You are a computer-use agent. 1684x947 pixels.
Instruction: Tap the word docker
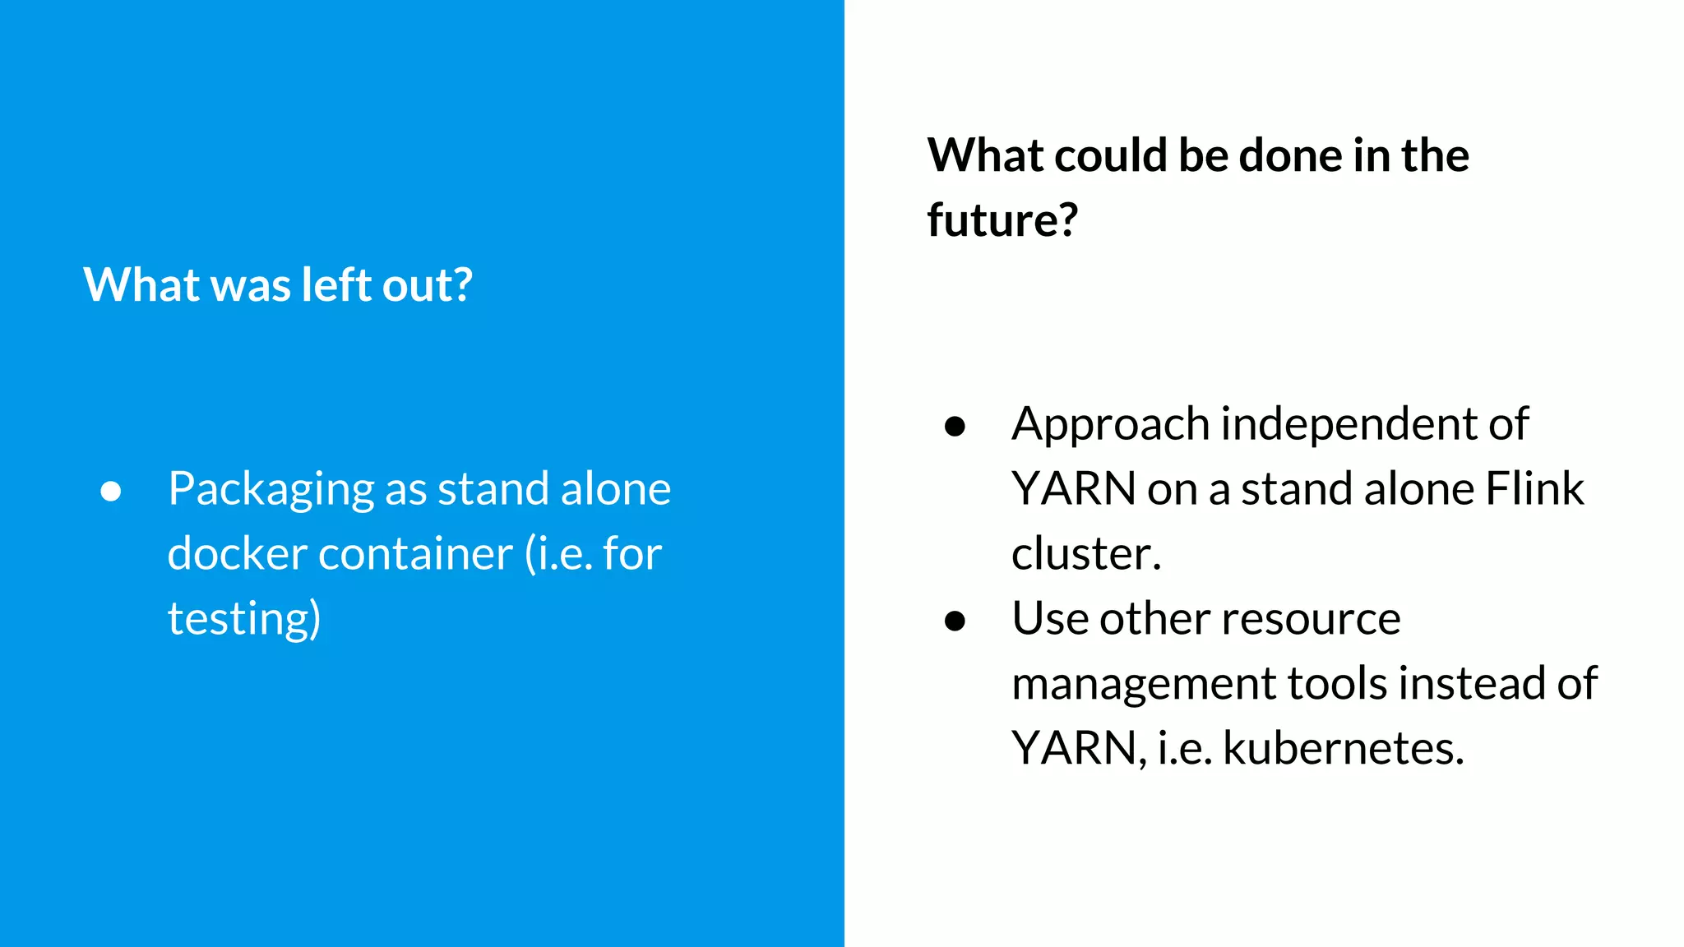click(237, 553)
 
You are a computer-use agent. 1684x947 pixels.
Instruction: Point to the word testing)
click(244, 618)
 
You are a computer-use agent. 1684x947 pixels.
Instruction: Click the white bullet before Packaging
click(111, 491)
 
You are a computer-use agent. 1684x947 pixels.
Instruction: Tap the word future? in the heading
click(1002, 220)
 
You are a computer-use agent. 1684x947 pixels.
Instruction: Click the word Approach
click(1110, 425)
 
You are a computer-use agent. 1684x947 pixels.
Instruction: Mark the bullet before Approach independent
click(955, 426)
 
